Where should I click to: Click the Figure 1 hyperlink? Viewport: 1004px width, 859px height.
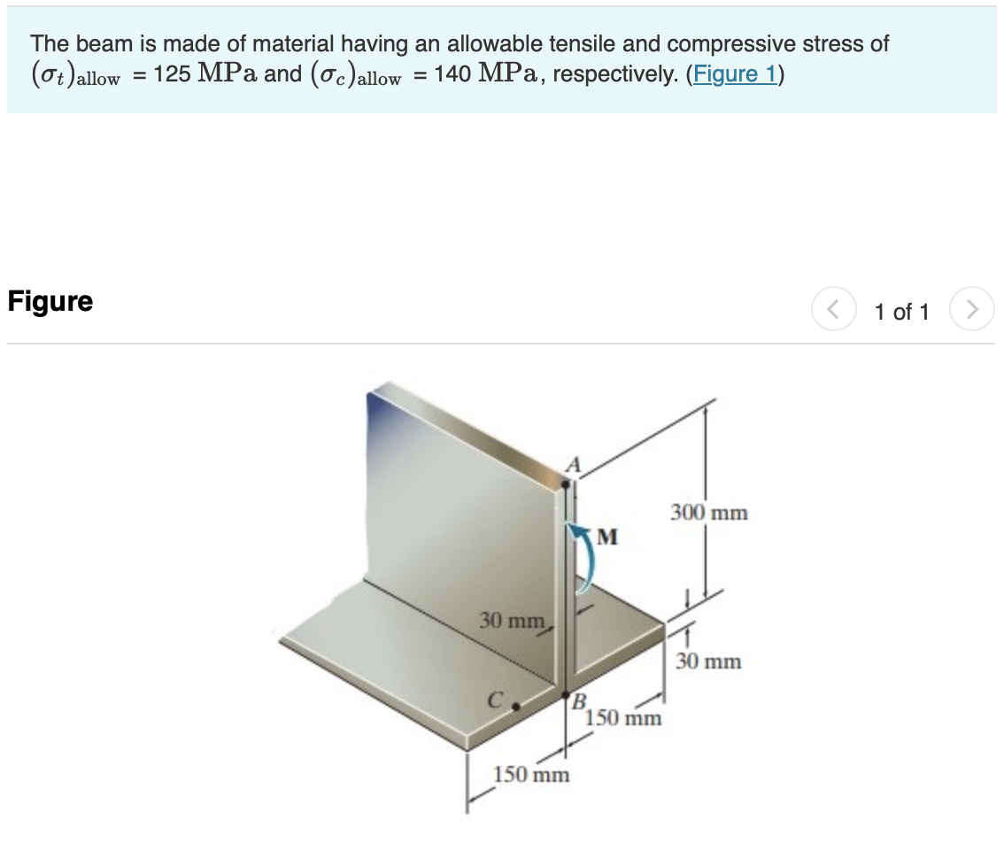(x=735, y=74)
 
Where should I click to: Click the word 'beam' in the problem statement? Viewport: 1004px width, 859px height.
(x=93, y=43)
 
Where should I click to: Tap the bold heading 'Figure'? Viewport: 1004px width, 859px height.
(x=50, y=301)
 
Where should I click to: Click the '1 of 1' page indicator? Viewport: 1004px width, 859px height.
(x=901, y=312)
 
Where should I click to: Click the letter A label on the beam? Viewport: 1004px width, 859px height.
(x=573, y=464)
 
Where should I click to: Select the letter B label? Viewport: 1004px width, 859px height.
(x=581, y=704)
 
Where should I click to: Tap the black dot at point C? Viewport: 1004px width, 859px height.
(x=515, y=708)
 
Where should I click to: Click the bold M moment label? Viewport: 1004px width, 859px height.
(x=608, y=537)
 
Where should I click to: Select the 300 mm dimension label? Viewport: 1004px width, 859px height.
(x=708, y=513)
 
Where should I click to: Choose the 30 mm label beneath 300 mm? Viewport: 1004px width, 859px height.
(x=708, y=662)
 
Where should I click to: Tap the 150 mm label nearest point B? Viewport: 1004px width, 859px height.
(x=623, y=718)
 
